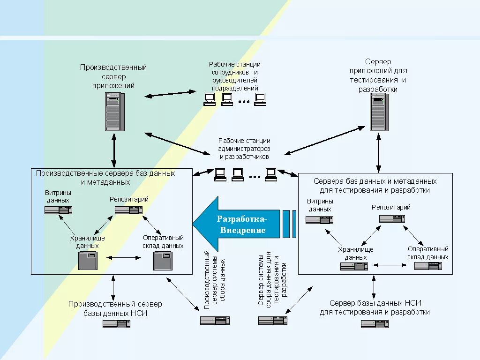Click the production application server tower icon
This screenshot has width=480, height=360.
[115, 112]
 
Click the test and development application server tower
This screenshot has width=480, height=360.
[379, 112]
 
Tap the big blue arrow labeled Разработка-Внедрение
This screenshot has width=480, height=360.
[236, 224]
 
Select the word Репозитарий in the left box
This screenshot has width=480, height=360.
[129, 199]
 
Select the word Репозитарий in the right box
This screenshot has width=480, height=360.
[391, 207]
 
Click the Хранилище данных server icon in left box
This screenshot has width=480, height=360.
[88, 261]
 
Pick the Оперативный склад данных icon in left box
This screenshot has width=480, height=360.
[163, 261]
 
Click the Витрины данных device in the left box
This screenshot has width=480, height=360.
[58, 210]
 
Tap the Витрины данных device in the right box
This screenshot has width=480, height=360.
[319, 220]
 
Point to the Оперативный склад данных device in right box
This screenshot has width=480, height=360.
[428, 266]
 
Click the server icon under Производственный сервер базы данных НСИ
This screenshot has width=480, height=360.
[116, 324]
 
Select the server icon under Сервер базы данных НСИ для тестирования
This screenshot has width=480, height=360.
[375, 324]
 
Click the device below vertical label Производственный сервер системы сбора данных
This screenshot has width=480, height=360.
[215, 321]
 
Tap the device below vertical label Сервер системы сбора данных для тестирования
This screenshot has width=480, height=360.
[273, 321]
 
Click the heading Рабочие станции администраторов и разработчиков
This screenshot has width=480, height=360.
[244, 149]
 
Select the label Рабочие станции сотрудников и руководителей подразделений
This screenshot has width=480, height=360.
[235, 76]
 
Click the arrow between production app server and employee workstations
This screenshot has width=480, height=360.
[170, 94]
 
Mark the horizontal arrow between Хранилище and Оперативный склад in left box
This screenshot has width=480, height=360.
[124, 258]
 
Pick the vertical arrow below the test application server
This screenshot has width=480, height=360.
[379, 153]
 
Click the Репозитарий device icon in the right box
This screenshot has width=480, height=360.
[392, 218]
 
